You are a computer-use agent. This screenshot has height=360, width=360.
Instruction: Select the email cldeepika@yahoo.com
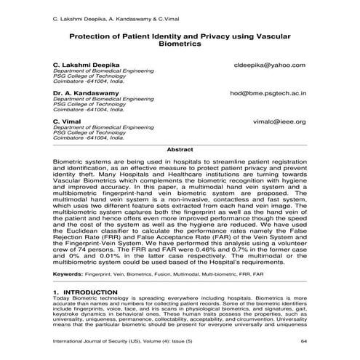coord(269,65)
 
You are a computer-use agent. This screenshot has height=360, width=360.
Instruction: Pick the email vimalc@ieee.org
coord(280,121)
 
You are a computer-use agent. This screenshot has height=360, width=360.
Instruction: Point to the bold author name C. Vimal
coord(66,121)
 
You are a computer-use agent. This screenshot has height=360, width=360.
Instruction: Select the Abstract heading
coord(180,149)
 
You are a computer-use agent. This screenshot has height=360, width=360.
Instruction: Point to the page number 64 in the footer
coord(305,340)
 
